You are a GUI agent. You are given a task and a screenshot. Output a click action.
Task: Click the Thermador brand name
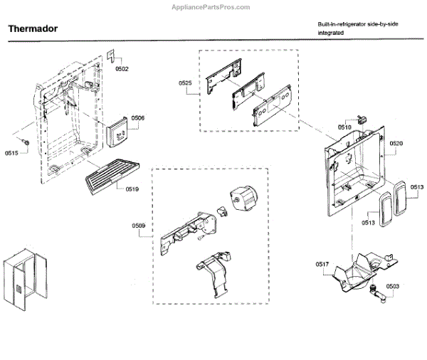[33, 30]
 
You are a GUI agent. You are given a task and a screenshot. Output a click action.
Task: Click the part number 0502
[122, 69]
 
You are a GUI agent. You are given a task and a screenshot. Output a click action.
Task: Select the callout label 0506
[138, 117]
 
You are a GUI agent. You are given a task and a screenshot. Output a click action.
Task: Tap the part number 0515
[12, 153]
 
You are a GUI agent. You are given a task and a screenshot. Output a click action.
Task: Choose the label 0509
[138, 226]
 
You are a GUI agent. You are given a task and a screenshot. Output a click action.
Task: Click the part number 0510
[344, 127]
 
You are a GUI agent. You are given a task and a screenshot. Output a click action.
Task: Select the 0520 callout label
[396, 144]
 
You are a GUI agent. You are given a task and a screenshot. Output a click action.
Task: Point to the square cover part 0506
[117, 132]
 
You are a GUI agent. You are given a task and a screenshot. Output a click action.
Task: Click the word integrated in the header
[331, 33]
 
